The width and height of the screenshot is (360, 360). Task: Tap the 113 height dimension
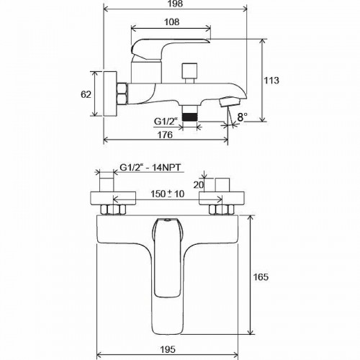[x=271, y=80]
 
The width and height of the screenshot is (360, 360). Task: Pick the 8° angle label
[x=242, y=115]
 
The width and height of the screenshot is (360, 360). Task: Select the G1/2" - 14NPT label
[x=149, y=170]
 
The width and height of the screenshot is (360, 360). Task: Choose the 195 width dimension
[x=168, y=351]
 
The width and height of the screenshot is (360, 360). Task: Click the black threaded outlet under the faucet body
[x=190, y=113]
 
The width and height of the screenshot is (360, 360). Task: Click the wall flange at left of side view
[x=111, y=94]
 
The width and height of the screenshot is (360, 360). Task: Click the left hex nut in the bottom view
[x=111, y=211]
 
